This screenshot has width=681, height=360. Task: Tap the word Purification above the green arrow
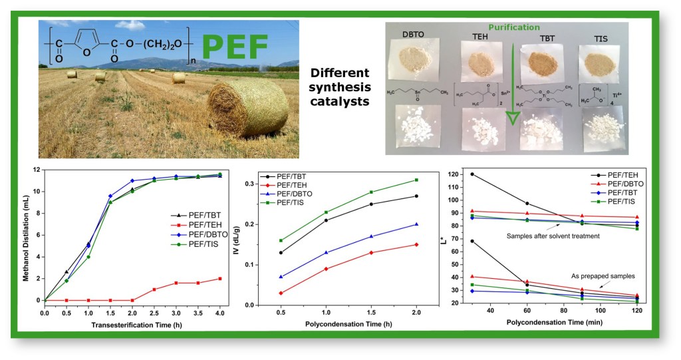(x=514, y=28)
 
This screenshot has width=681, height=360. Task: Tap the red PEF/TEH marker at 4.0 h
(x=219, y=279)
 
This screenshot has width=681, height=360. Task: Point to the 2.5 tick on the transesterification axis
(x=154, y=311)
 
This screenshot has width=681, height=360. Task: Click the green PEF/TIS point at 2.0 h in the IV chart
(x=416, y=180)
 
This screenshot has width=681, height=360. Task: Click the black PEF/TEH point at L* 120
(x=472, y=174)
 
